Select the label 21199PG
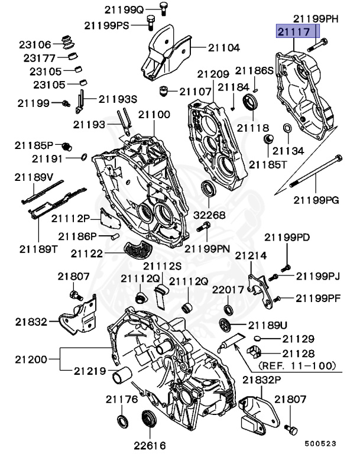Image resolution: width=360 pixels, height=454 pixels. (x=316, y=200)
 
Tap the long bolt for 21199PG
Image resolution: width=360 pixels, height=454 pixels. (x=316, y=172)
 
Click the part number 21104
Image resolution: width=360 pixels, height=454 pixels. (x=222, y=47)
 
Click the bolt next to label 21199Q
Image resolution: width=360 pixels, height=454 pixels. (x=163, y=8)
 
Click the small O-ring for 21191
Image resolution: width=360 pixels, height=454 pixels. (x=84, y=157)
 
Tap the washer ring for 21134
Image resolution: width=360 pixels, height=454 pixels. (x=287, y=129)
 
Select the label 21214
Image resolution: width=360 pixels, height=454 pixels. (x=251, y=255)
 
